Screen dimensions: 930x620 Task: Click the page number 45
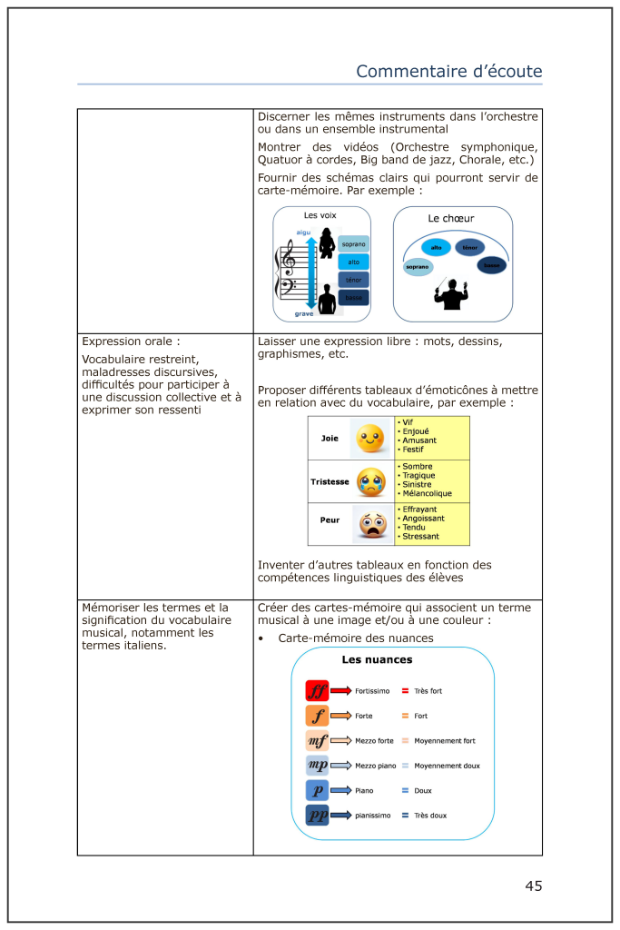(x=533, y=885)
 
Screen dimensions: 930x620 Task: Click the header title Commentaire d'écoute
(x=448, y=71)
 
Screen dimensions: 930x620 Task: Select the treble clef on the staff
(x=290, y=261)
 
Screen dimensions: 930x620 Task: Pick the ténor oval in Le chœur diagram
(x=469, y=247)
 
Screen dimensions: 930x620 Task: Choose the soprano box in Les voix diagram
(x=353, y=244)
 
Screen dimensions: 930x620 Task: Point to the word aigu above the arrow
(x=303, y=232)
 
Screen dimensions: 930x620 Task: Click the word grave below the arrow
(x=303, y=314)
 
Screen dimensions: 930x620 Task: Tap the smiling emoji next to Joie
(x=369, y=439)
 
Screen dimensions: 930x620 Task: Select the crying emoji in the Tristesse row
(x=370, y=481)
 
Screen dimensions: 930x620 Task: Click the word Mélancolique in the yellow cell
(x=427, y=493)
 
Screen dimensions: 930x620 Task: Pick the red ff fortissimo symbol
(x=317, y=690)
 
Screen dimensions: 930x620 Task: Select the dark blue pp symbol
(x=317, y=816)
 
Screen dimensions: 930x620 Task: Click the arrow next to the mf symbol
(x=340, y=740)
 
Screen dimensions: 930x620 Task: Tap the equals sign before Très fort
(x=405, y=691)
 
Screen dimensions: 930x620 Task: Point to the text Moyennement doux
(x=447, y=766)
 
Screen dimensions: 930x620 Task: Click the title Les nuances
(x=377, y=659)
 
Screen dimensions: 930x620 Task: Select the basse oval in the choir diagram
(x=491, y=265)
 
